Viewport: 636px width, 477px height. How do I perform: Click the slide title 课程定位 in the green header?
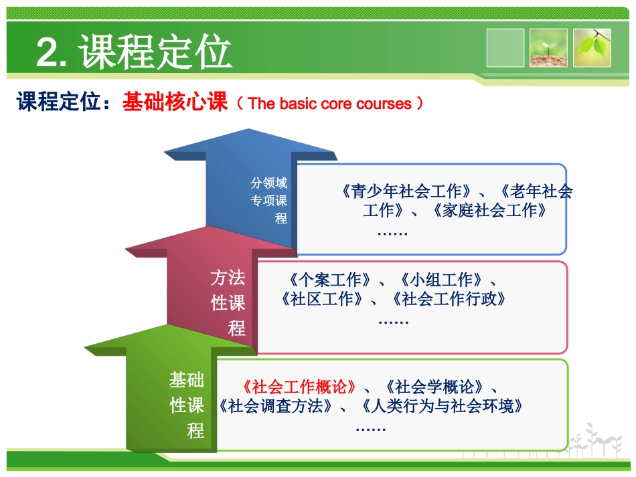[x=156, y=52]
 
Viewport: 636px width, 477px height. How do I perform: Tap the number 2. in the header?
[x=55, y=53]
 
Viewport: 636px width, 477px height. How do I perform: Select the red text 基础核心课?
[x=175, y=103]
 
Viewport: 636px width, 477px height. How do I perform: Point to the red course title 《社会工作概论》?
[x=299, y=387]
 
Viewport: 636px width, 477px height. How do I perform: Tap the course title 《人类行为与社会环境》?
[x=441, y=405]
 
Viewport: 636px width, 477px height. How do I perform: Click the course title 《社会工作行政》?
[x=449, y=299]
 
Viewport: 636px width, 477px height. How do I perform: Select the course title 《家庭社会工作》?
[x=491, y=211]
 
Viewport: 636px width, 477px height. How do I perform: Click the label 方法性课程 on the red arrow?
[x=228, y=303]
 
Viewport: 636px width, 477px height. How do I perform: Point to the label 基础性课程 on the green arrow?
[x=187, y=405]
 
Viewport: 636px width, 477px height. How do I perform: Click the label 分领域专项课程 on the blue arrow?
[x=269, y=200]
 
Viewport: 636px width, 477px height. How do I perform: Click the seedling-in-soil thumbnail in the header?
[x=548, y=47]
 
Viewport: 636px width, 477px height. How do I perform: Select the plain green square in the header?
[x=505, y=47]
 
